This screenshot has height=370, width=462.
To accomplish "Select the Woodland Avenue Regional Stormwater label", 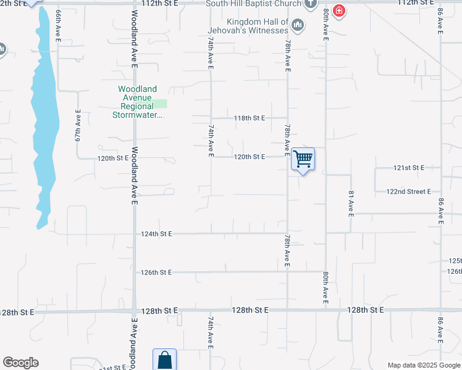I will pos(138,102).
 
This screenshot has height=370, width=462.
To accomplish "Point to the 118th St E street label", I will pos(250,118).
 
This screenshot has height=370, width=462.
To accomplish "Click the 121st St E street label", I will pos(409,168).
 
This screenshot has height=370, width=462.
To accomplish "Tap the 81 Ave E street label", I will pos(350,203).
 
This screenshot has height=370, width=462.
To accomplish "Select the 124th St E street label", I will pos(157,234).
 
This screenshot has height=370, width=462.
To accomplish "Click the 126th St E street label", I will pos(156,272).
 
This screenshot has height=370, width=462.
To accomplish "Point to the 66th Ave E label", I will pos(58,25).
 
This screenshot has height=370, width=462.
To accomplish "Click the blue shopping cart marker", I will pos(303,159).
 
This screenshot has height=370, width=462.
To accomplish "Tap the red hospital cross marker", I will pos(338,10).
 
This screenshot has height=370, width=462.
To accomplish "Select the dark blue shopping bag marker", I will pos(164,360).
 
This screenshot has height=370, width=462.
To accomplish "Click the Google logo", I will pos(20,363).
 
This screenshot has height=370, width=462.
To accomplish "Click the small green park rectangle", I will pos(160,104).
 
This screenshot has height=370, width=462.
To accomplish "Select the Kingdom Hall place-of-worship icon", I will pos(298,25).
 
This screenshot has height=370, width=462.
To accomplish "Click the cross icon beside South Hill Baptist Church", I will pos(313,4).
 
